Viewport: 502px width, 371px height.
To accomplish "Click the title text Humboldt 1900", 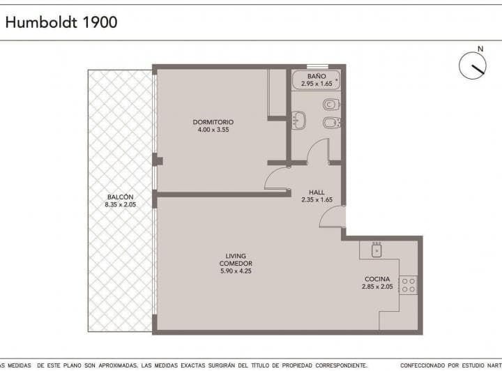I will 61,22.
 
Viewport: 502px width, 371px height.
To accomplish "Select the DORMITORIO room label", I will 213,122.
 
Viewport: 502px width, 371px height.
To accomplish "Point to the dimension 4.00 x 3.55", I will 213,130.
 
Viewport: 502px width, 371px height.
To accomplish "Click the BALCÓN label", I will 120,197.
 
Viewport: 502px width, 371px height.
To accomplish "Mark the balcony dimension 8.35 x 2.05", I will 120,204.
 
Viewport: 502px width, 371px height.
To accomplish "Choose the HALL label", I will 317,192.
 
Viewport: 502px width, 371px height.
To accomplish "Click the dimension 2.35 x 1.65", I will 317,199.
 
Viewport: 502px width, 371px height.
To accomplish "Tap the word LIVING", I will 235,256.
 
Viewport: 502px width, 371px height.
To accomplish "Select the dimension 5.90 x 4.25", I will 235,271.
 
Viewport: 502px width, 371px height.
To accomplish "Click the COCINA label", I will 377,279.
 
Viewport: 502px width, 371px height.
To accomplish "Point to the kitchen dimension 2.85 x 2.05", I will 377,287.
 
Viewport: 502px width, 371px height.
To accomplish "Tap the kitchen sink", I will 377,249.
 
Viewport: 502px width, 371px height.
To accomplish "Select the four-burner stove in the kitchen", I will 408,285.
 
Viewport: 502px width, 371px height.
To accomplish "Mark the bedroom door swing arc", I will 276,179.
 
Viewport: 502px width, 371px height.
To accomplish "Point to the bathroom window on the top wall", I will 317,67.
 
